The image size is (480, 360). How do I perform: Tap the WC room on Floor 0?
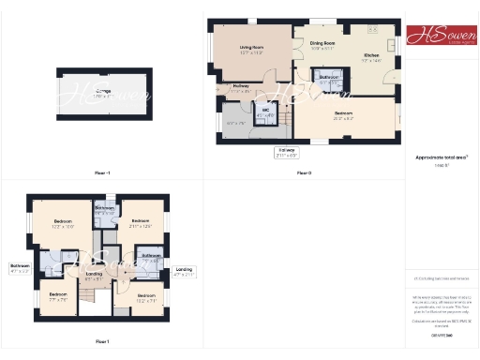point(265,113)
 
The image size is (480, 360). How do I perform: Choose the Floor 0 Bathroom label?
point(329,78)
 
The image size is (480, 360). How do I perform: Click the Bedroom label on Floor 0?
point(343,114)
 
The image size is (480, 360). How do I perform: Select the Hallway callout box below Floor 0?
point(286,152)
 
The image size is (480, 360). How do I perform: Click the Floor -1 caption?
point(102,173)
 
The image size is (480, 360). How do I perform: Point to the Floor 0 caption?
point(304,173)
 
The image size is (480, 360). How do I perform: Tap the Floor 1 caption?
point(102,341)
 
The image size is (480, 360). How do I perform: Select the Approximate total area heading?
point(442,157)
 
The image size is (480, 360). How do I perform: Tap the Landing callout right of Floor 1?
point(184,272)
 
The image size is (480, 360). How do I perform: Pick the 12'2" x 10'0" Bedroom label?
point(63,223)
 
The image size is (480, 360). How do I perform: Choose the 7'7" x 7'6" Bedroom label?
point(57,297)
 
